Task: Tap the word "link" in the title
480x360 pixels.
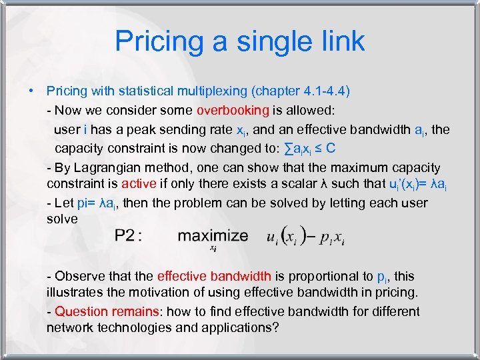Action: [341, 41]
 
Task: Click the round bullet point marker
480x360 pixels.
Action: [31, 91]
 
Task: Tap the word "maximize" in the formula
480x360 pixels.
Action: [213, 235]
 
